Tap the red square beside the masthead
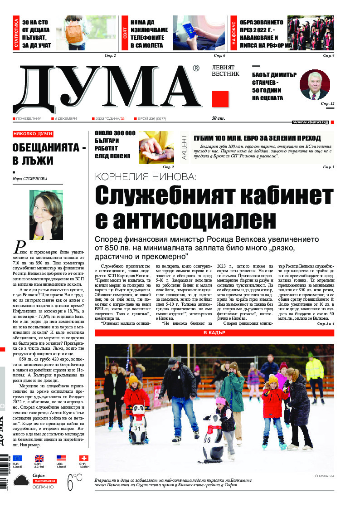point(219,99)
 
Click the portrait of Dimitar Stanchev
point(314,84)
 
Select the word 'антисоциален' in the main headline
point(185,220)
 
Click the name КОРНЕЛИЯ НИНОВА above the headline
point(145,177)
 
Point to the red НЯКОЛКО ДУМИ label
point(33,134)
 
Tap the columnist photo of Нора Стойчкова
point(46,215)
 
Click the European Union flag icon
point(17,458)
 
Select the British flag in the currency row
point(39,458)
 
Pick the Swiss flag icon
point(84,458)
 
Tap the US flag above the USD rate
point(61,458)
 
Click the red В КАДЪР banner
point(214,333)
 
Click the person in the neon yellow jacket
point(314,370)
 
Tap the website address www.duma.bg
point(311,122)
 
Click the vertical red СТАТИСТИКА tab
point(16,33)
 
